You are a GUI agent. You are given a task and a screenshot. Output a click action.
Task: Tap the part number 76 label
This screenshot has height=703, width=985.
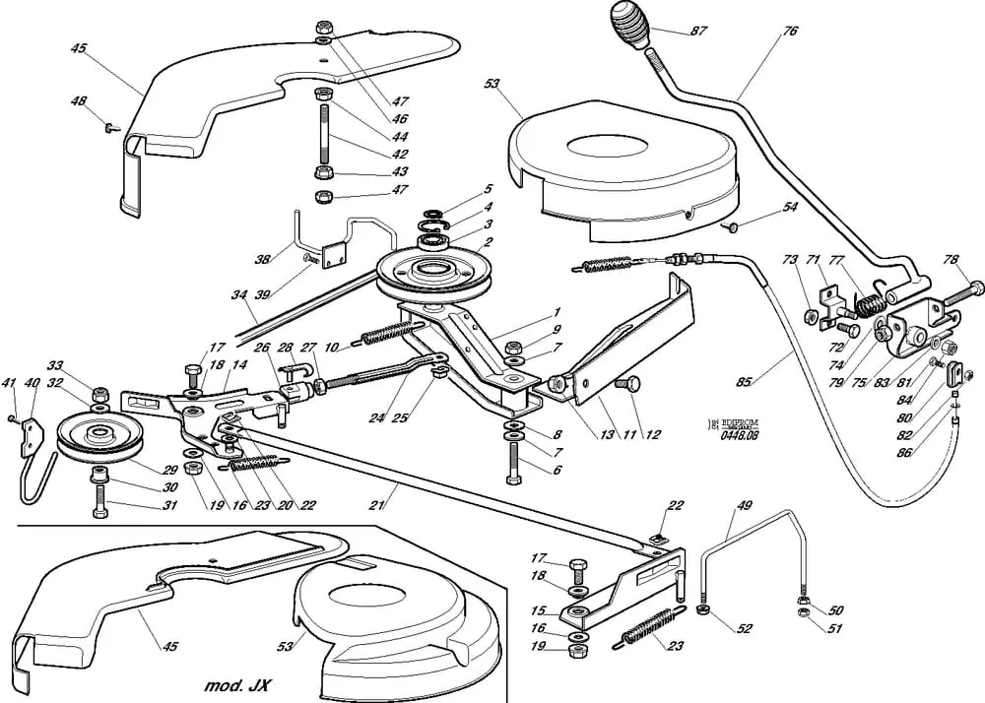click(790, 32)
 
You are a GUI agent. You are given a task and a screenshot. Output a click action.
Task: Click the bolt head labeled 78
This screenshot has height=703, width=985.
click(976, 288)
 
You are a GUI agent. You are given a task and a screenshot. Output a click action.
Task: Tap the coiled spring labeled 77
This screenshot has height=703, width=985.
click(869, 301)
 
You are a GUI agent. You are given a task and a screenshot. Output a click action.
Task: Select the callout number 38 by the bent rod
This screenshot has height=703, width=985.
click(262, 260)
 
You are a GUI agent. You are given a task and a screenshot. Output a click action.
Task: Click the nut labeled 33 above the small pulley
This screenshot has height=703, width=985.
click(98, 396)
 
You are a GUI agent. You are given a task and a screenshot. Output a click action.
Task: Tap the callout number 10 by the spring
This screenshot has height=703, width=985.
click(332, 347)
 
